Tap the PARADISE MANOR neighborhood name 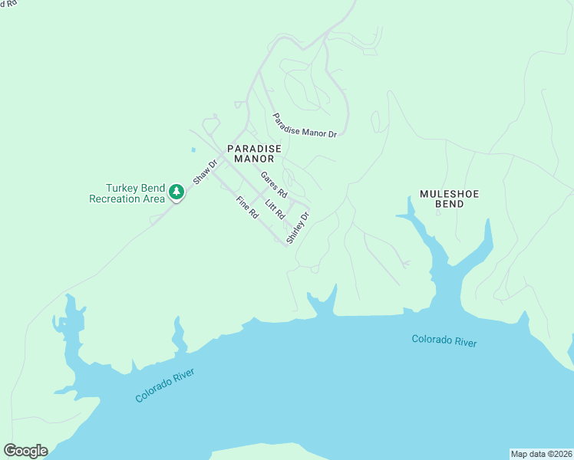[x=254, y=153]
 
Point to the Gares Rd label [x=273, y=183]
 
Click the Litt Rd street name [x=274, y=208]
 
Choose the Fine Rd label [x=247, y=209]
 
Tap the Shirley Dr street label [x=297, y=228]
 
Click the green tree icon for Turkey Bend [x=176, y=192]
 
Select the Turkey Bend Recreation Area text [x=127, y=193]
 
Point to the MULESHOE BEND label [x=449, y=199]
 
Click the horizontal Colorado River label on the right [x=444, y=340]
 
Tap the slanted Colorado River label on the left [x=165, y=385]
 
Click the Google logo [x=25, y=451]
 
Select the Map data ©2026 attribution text [x=541, y=453]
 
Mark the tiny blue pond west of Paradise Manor [x=193, y=149]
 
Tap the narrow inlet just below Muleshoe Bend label [x=418, y=226]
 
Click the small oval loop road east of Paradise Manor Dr [x=375, y=121]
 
